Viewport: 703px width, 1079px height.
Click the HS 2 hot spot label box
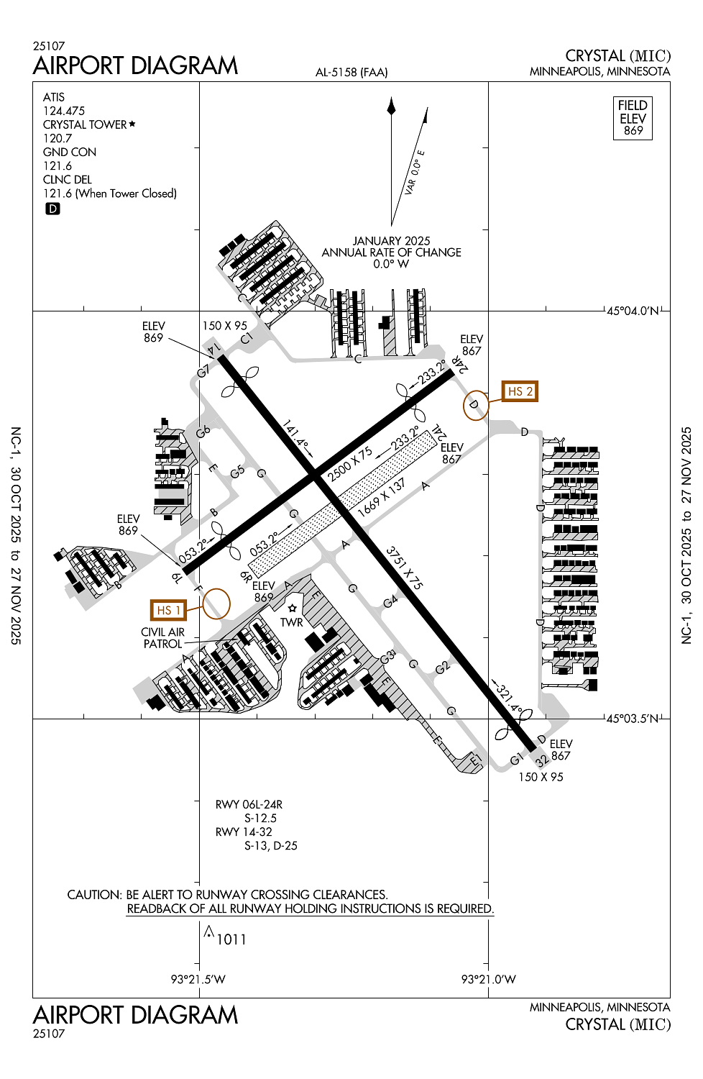click(x=520, y=391)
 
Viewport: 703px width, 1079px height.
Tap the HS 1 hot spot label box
click(x=167, y=610)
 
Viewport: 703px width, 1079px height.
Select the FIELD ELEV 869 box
click(x=633, y=118)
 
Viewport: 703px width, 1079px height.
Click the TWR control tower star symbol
click(x=293, y=609)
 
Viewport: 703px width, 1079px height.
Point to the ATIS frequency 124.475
click(x=64, y=111)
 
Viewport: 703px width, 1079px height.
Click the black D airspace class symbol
click(x=52, y=209)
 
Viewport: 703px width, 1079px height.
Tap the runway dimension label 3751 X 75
click(x=404, y=568)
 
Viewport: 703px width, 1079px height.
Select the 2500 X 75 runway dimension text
click(x=350, y=465)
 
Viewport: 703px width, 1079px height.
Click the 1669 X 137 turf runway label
click(x=381, y=497)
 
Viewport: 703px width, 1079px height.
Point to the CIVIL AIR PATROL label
click(x=163, y=638)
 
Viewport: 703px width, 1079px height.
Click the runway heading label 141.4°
click(x=296, y=437)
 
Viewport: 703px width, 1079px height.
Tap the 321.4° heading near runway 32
click(x=509, y=697)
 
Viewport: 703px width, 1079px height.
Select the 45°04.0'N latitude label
click(x=633, y=311)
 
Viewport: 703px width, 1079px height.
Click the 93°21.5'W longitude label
click(x=198, y=979)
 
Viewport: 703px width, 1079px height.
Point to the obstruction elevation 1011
click(x=231, y=939)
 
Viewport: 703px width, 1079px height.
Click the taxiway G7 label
click(x=204, y=371)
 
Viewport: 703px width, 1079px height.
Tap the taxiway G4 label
click(x=390, y=601)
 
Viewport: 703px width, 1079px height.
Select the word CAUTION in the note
click(x=93, y=895)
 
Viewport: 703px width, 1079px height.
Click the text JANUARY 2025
click(x=391, y=241)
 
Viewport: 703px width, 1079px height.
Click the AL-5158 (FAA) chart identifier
click(x=351, y=72)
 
